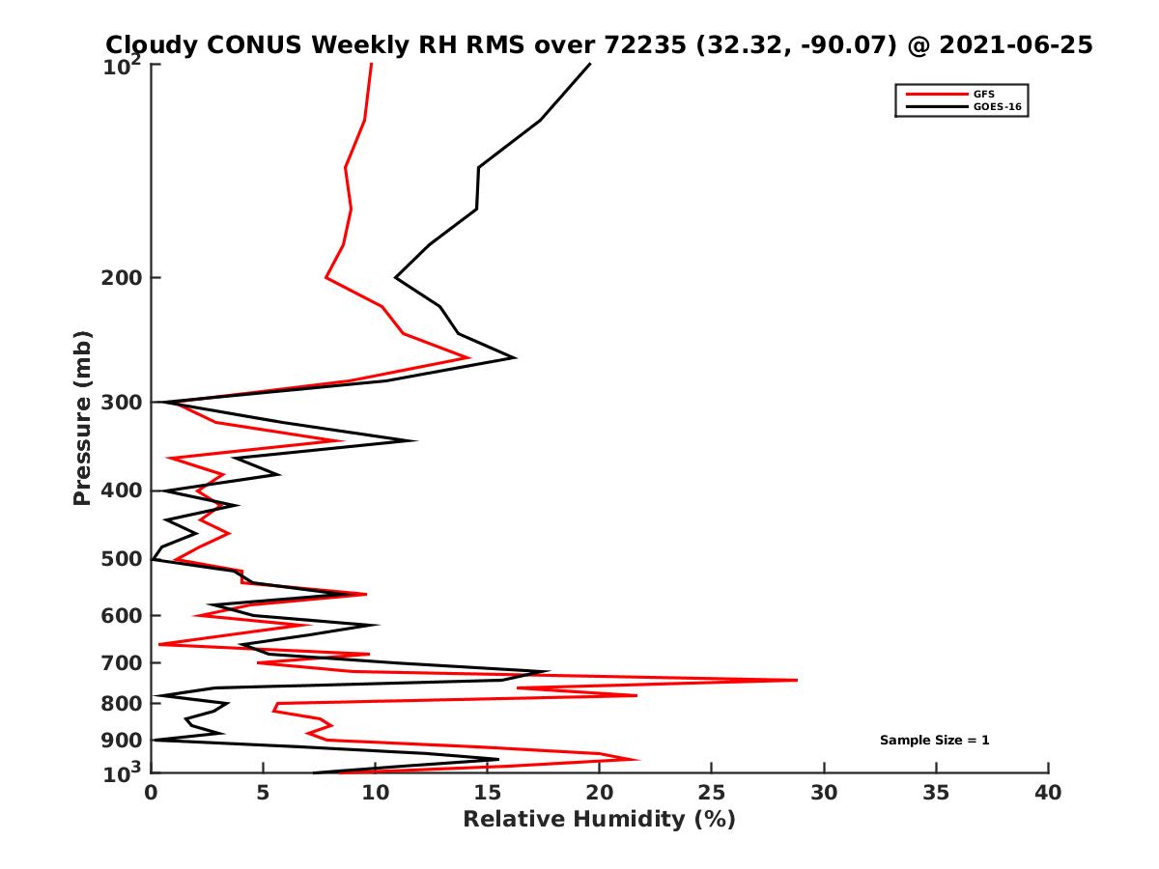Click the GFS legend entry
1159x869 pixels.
click(x=985, y=94)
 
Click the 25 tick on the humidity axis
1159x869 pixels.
click(x=712, y=794)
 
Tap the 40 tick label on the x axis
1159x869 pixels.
click(x=1048, y=794)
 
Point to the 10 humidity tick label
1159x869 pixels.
click(x=376, y=794)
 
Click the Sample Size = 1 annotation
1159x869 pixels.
click(x=934, y=741)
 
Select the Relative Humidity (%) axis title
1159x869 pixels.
click(x=599, y=820)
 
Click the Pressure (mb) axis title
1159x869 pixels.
click(x=82, y=417)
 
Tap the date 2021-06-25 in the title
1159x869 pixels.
click(x=1017, y=44)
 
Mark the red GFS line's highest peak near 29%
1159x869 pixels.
click(x=797, y=680)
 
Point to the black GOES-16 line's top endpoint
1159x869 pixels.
click(x=590, y=64)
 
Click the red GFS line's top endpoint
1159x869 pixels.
click(x=372, y=64)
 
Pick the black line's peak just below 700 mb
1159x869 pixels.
click(x=549, y=672)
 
